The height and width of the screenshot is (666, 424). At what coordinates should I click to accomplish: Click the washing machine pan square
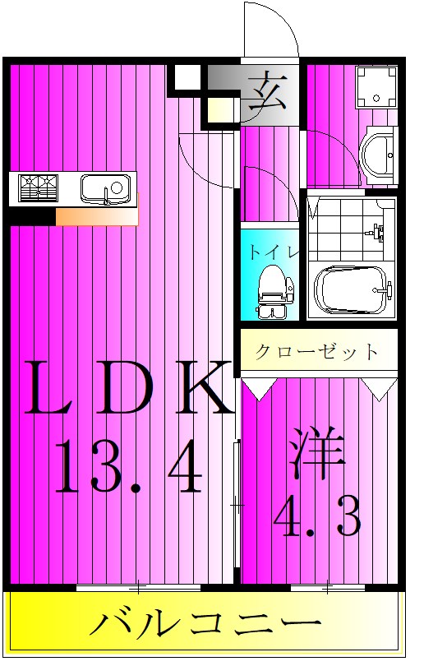coord(375,87)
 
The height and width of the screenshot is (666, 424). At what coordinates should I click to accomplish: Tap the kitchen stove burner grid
coord(39,188)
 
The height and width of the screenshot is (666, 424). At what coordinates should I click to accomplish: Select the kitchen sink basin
coord(105,188)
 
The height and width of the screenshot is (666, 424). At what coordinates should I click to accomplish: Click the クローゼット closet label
coord(317,353)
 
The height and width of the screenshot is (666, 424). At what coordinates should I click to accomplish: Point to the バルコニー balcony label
coord(205,624)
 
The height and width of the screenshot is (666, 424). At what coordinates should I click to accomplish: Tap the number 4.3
coord(316,516)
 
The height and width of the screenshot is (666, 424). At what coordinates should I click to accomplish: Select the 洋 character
coord(316,456)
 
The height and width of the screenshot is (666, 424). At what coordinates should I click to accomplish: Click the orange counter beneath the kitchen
coord(96,215)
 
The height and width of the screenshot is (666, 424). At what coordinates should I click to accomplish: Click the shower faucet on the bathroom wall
coord(377,231)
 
